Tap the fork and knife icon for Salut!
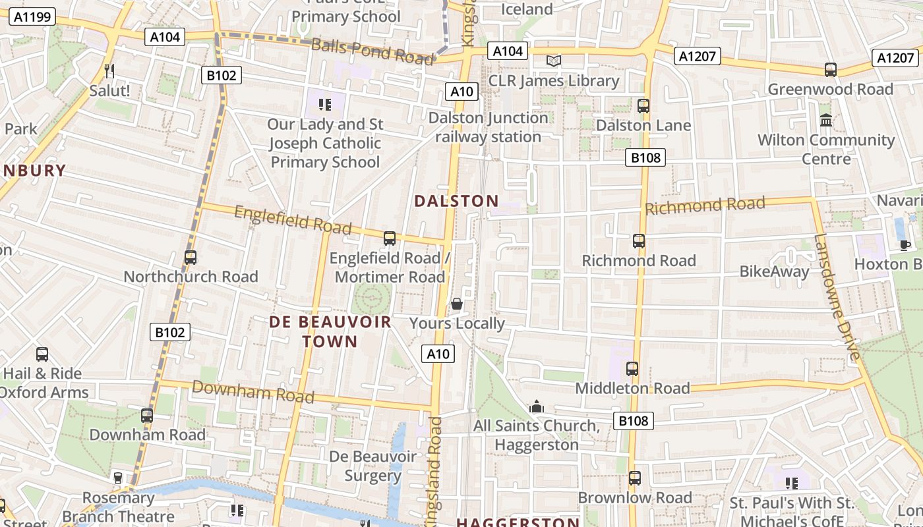click(x=109, y=70)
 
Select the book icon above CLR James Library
click(x=554, y=61)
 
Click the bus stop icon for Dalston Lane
click(x=643, y=105)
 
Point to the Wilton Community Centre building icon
click(x=825, y=121)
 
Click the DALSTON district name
click(x=456, y=201)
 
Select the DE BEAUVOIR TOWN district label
click(x=330, y=331)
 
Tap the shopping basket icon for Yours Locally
click(x=456, y=304)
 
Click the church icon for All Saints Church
click(x=537, y=406)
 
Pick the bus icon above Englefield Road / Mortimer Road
click(x=390, y=238)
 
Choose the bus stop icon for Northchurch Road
click(x=191, y=257)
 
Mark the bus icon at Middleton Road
click(x=632, y=369)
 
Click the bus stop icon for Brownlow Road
click(x=635, y=478)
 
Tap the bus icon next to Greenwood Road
click(x=831, y=70)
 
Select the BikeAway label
click(x=774, y=271)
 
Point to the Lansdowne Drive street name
click(x=837, y=296)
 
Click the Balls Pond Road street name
click(x=372, y=52)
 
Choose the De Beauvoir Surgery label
click(x=372, y=466)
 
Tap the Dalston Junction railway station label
click(x=489, y=127)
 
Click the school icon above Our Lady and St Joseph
click(x=324, y=104)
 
